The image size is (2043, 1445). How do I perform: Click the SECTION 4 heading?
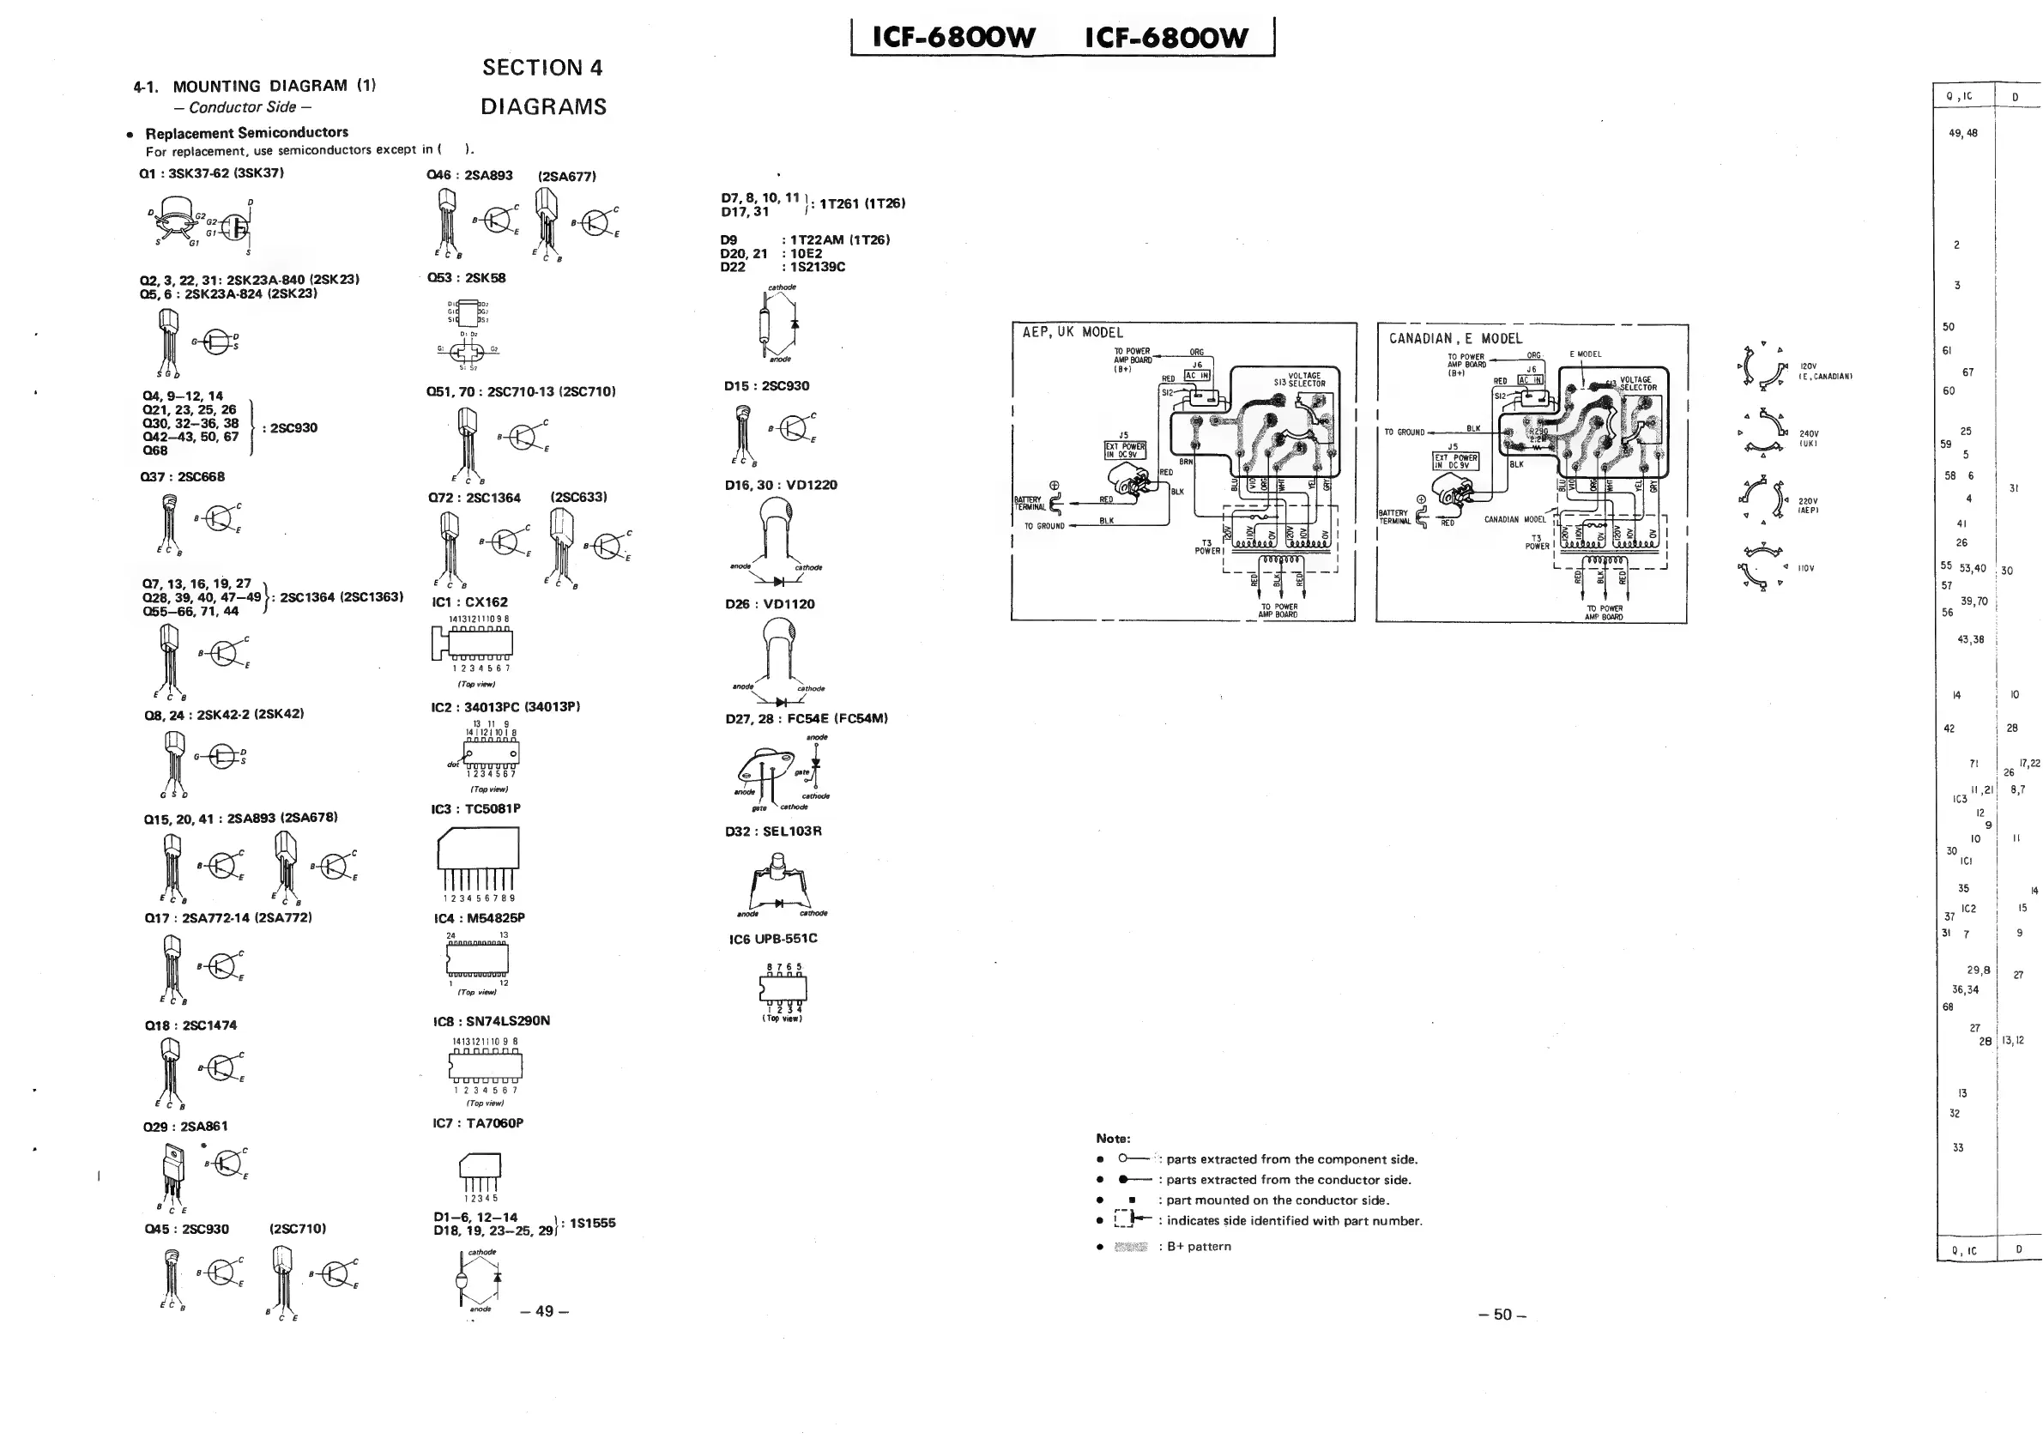542,68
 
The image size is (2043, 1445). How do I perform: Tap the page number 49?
544,1310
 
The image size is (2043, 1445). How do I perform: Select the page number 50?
1502,1315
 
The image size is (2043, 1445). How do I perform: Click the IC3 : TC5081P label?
475,809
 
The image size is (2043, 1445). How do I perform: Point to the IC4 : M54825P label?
479,917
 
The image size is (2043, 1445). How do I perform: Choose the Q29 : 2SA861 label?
185,1126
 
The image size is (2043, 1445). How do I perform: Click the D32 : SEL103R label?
772,831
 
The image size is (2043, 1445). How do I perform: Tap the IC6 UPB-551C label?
772,938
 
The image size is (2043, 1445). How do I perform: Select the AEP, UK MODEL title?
1073,332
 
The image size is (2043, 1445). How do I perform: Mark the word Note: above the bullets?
1113,1138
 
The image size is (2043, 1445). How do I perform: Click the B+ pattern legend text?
1199,1246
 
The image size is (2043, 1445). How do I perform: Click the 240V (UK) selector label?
1810,438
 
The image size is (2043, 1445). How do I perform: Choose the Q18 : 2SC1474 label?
190,1025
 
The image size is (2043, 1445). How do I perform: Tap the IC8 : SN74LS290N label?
491,1020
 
